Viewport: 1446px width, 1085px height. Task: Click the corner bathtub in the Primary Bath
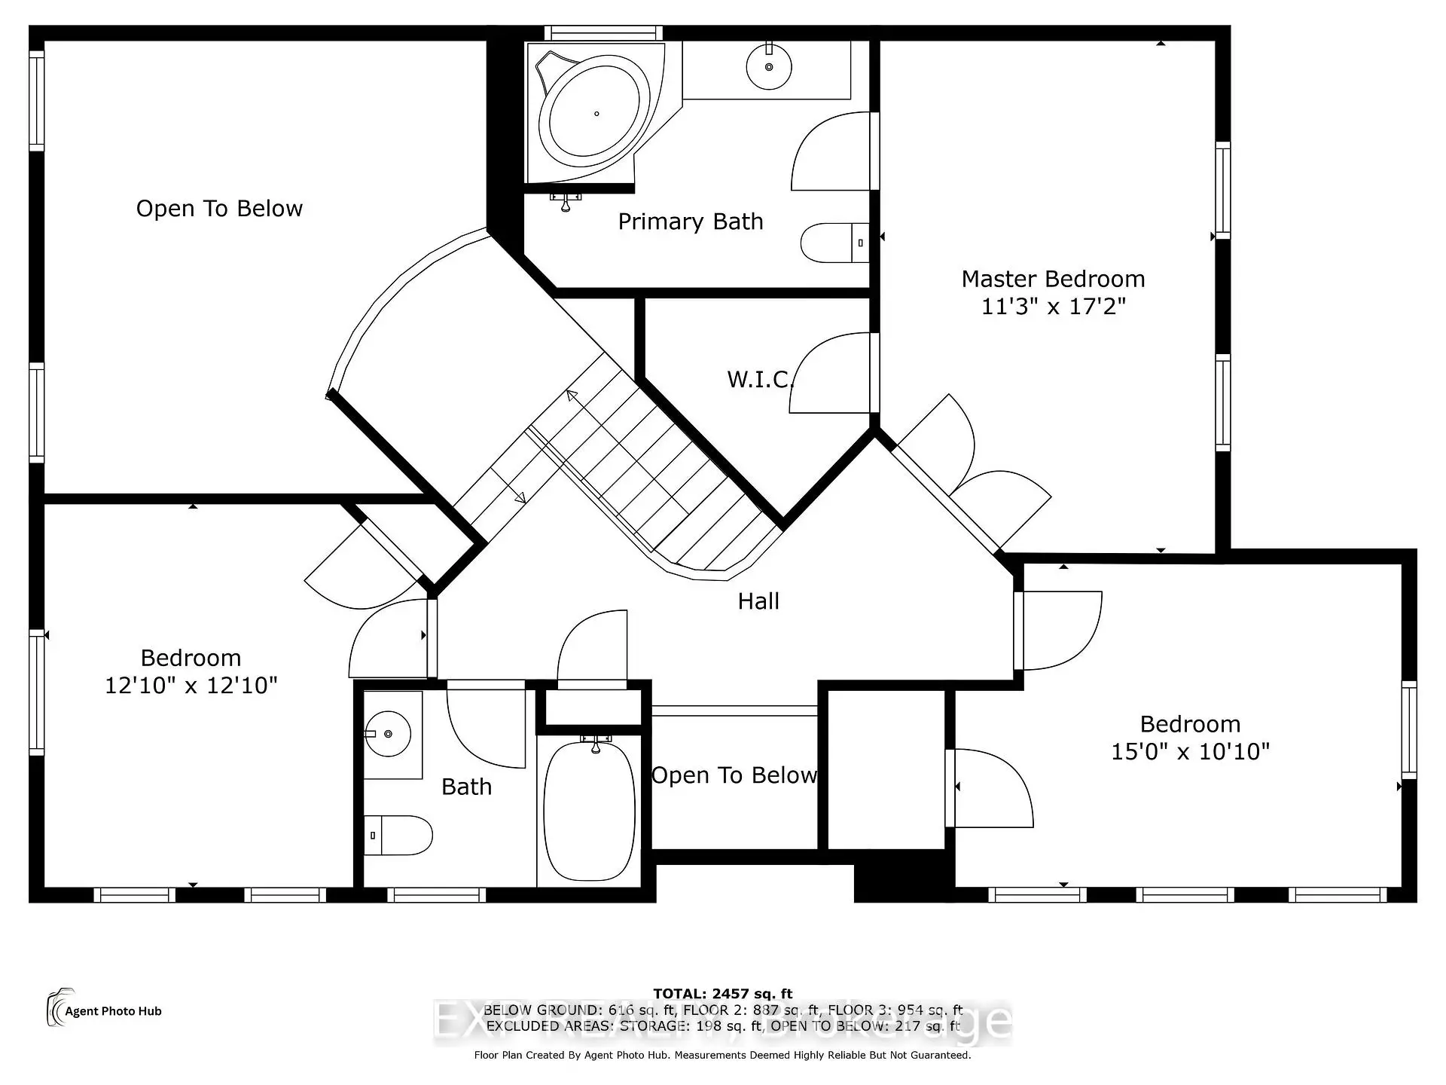(594, 113)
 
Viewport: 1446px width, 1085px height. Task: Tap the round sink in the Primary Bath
(769, 67)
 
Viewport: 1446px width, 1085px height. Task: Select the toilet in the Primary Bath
(833, 243)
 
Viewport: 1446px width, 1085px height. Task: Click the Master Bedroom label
(1053, 280)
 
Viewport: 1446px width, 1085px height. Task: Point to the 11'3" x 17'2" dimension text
(1053, 307)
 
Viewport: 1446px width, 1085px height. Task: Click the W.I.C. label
(760, 379)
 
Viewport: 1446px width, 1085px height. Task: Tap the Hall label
(758, 601)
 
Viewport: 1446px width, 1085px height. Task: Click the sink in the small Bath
(388, 733)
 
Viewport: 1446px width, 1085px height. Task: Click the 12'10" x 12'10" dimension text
(191, 686)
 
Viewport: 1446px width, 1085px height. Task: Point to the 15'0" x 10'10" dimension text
(1190, 751)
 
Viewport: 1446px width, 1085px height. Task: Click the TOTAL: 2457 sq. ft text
(722, 994)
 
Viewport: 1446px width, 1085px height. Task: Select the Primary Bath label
(691, 222)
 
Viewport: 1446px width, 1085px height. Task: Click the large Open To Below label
(219, 209)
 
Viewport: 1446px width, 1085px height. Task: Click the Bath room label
(466, 787)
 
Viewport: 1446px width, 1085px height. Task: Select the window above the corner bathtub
(603, 33)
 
